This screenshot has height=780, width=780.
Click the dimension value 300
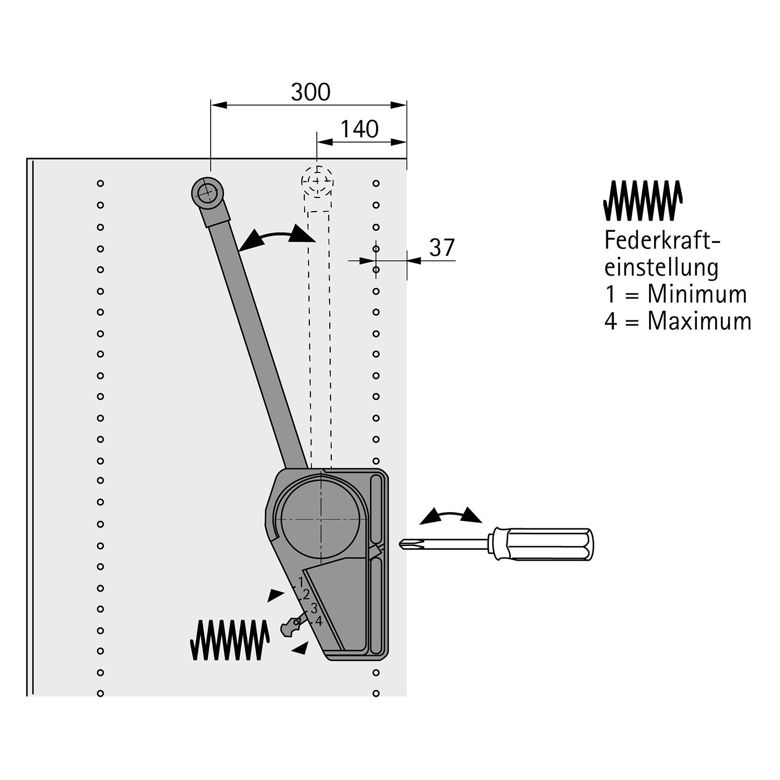[310, 93]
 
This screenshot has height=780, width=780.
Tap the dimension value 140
[359, 129]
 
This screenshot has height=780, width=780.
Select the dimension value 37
[442, 248]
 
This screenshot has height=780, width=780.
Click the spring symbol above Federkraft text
[643, 200]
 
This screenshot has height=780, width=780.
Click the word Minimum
[697, 294]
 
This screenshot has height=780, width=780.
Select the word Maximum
[699, 321]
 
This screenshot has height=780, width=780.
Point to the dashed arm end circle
[317, 181]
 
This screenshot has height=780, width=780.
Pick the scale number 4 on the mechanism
[319, 621]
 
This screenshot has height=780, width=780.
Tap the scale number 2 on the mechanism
[306, 594]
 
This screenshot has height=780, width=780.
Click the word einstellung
[661, 268]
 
